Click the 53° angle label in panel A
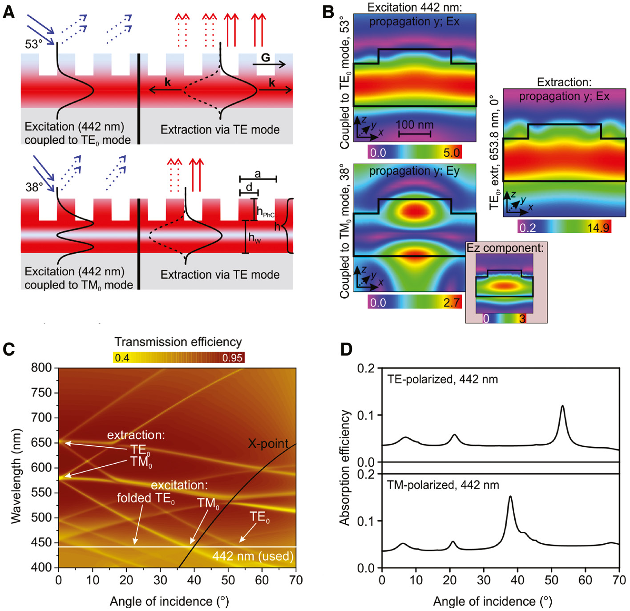34,44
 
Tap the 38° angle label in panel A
34,187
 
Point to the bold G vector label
265,57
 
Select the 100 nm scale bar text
414,125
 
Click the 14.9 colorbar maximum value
598,228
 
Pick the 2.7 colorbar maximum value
451,303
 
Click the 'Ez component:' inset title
505,248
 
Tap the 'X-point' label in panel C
268,443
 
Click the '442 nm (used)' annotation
253,556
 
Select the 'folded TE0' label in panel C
145,498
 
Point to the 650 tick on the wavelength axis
41,443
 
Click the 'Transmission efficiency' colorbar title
178,342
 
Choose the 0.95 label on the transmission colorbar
232,358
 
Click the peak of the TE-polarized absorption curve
563,406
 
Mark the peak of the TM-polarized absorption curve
510,497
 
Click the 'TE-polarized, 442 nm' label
442,379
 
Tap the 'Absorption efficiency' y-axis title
345,467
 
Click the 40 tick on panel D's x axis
517,580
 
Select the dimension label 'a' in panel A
258,174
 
